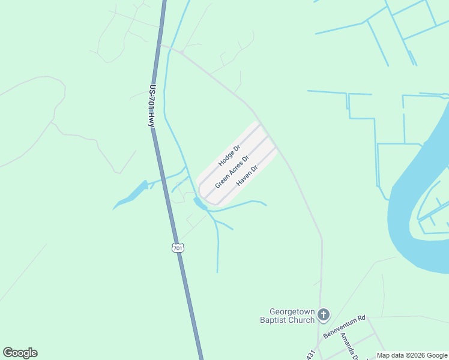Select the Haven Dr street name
pyautogui.click(x=247, y=175)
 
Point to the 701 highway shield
pyautogui.click(x=177, y=248)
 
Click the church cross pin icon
pyautogui.click(x=324, y=314)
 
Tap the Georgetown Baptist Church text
pyautogui.click(x=292, y=316)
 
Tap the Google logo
pyautogui.click(x=20, y=353)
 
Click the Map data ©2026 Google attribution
pyautogui.click(x=412, y=356)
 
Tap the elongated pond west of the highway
pyautogui.click(x=131, y=195)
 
